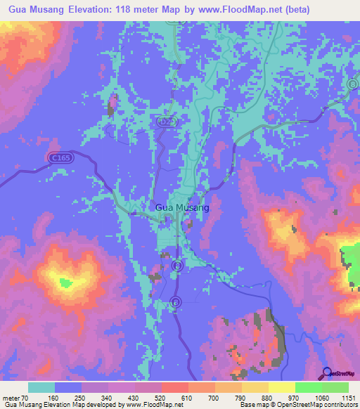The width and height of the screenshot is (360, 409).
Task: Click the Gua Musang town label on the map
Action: pos(181,208)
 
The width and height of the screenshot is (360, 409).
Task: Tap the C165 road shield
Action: pos(60,160)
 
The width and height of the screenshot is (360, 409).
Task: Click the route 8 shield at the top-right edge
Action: pos(352,84)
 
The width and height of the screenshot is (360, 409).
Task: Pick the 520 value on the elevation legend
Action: pos(161,397)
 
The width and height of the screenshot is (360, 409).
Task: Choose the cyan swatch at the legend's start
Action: pos(41,387)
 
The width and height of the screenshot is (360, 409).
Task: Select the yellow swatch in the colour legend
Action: pos(281,387)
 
